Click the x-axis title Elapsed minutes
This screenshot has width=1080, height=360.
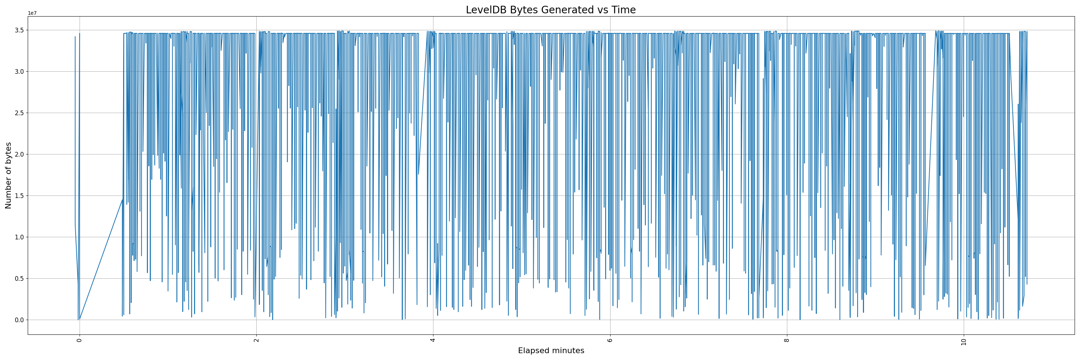coord(551,351)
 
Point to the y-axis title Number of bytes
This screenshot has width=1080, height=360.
coord(8,175)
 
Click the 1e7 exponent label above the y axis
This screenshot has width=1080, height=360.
coord(32,13)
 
